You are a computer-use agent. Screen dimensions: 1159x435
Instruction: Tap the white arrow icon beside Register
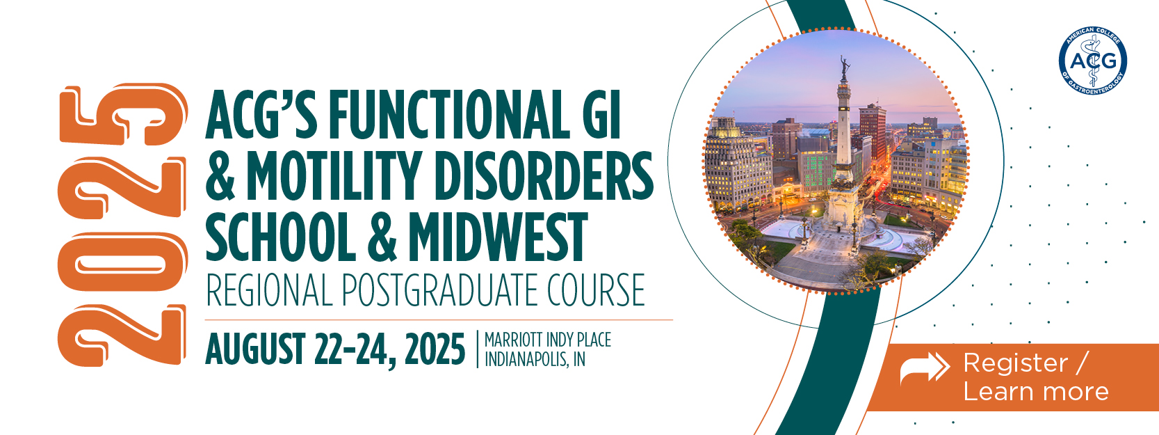[x=925, y=367]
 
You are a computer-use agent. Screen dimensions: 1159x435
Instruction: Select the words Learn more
[x=1036, y=391]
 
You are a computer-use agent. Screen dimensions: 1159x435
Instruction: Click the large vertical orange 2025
[x=122, y=226]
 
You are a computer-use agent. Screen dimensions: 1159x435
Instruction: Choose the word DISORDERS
[x=543, y=175]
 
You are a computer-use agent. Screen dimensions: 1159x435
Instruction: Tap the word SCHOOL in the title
[x=281, y=236]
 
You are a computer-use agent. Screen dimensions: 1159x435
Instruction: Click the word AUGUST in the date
[x=255, y=349]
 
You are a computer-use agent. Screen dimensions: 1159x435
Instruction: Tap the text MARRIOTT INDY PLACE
[x=547, y=340]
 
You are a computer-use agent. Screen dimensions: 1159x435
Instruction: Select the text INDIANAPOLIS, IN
[x=535, y=359]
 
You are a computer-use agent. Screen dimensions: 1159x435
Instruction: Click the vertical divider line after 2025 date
[x=477, y=349]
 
